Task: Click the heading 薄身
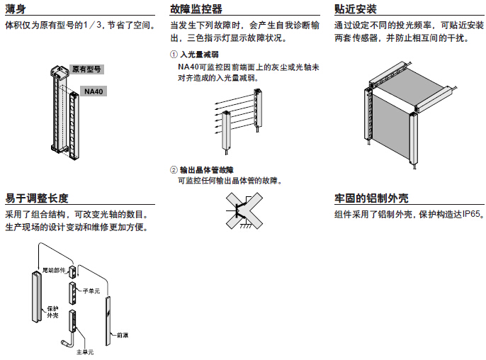click(16, 9)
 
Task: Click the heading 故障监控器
click(196, 9)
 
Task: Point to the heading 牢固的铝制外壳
click(371, 198)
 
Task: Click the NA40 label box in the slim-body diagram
click(94, 91)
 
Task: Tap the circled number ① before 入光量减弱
click(174, 55)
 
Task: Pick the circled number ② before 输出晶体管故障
click(174, 170)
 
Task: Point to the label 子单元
click(91, 291)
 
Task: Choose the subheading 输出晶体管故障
click(207, 170)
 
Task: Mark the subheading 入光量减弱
click(200, 55)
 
